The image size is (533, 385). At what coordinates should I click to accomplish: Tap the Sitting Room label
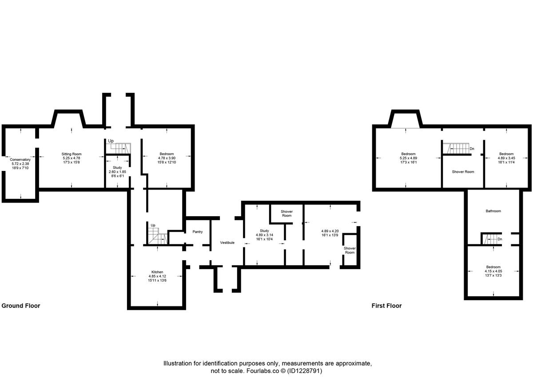click(x=72, y=154)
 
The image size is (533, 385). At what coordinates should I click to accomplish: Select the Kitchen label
click(x=157, y=272)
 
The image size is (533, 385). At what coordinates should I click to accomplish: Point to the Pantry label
click(x=198, y=232)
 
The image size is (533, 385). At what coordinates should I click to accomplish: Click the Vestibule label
click(x=227, y=243)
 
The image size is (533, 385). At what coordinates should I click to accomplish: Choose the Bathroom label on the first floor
click(x=493, y=211)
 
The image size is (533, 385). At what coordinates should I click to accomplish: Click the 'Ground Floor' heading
click(x=21, y=306)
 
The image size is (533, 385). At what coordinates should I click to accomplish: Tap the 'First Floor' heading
click(x=386, y=306)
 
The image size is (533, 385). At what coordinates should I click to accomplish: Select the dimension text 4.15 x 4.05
click(x=493, y=271)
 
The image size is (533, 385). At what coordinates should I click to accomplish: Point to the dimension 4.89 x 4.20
click(x=330, y=231)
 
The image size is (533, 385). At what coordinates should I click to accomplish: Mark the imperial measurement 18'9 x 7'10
click(x=20, y=168)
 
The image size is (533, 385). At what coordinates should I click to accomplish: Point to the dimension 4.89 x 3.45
click(x=506, y=158)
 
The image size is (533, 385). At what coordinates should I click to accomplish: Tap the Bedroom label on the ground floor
click(x=167, y=154)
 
